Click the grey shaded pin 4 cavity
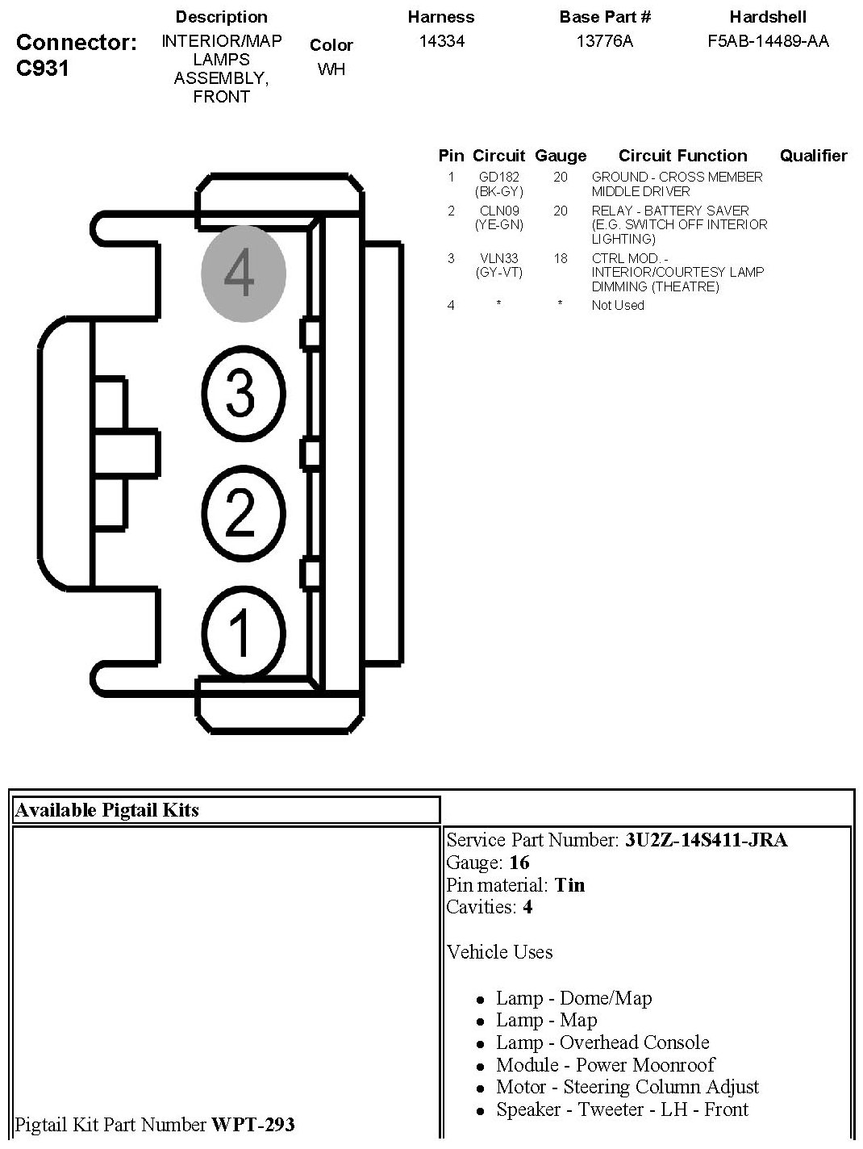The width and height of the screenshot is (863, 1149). (243, 273)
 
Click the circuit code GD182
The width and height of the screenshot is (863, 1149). (499, 177)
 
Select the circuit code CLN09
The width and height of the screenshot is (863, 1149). (499, 211)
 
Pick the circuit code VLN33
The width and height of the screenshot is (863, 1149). (499, 258)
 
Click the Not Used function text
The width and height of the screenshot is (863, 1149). (618, 305)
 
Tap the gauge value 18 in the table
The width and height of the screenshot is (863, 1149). (560, 258)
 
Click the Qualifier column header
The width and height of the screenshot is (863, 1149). (813, 156)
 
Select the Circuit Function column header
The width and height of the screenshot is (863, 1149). (682, 156)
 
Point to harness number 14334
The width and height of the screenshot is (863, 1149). (441, 41)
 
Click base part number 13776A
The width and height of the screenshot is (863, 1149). (605, 41)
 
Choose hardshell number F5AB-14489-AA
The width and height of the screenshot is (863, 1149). (768, 41)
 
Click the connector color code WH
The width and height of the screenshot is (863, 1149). (331, 69)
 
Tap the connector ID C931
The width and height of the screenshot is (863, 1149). (43, 68)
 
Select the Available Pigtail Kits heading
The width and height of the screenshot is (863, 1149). (106, 810)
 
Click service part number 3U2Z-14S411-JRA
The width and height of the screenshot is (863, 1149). (706, 840)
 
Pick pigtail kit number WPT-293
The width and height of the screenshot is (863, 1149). (252, 1124)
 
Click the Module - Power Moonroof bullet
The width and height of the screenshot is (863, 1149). (605, 1065)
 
